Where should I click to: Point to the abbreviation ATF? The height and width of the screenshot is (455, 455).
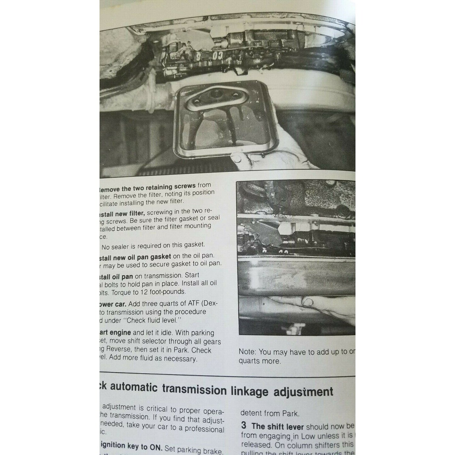(191, 304)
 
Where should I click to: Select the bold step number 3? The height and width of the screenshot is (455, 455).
(244, 426)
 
